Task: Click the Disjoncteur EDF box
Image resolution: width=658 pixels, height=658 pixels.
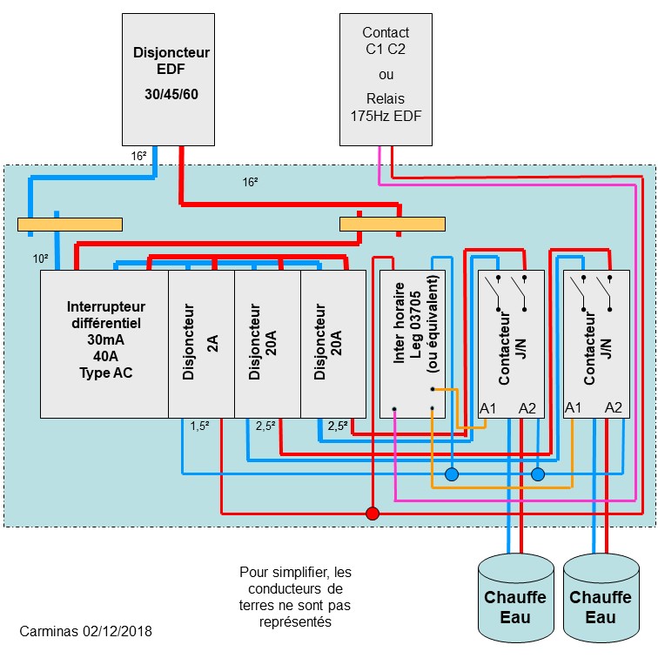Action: click(171, 78)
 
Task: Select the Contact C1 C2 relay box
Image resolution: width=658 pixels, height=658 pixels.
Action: click(386, 78)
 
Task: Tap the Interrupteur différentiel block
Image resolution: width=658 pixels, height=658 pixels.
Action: click(105, 344)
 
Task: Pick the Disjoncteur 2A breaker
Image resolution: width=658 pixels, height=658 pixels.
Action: click(201, 344)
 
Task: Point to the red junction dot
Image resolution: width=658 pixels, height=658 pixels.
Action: click(373, 514)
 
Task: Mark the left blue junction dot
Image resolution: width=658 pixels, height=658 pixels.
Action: click(452, 474)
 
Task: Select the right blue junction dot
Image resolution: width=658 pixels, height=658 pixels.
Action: click(538, 474)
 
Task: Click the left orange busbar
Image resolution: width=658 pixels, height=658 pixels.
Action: click(70, 225)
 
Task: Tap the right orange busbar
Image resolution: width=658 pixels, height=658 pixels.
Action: click(392, 225)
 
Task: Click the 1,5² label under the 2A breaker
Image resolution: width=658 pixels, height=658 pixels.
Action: click(200, 426)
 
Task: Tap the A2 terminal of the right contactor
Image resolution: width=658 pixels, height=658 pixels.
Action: click(614, 407)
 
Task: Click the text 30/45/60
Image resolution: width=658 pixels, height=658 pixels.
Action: click(171, 92)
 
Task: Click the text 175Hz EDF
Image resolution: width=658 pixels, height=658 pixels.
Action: click(386, 114)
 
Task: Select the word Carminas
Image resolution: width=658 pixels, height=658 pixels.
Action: click(46, 629)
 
